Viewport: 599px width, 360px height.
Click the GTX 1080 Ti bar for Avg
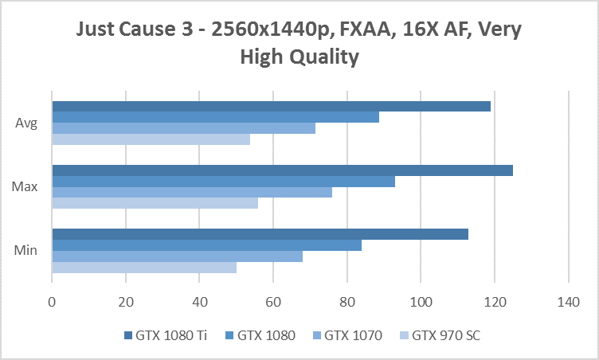271,107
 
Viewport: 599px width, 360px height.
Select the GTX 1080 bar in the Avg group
215,118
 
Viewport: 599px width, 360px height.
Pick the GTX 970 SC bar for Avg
151,139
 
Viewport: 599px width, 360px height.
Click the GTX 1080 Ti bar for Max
282,170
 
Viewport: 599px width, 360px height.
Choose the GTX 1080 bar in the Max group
223,182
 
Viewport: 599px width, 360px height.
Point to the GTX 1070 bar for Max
191,192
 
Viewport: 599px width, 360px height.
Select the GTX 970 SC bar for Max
155,203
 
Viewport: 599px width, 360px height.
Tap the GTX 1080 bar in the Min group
206,245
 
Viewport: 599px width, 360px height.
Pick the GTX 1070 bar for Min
177,256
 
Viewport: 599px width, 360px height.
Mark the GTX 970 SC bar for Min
144,267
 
